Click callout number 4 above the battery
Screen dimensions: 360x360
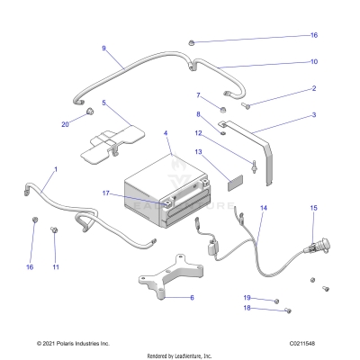coord(165,134)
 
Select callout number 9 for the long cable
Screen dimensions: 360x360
coord(103,48)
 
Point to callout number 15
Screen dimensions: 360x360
coord(313,208)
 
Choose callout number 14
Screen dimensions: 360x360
coord(263,208)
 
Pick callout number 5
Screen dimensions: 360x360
coord(103,103)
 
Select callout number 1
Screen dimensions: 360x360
coord(55,168)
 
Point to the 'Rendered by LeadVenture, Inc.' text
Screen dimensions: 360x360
coord(180,355)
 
